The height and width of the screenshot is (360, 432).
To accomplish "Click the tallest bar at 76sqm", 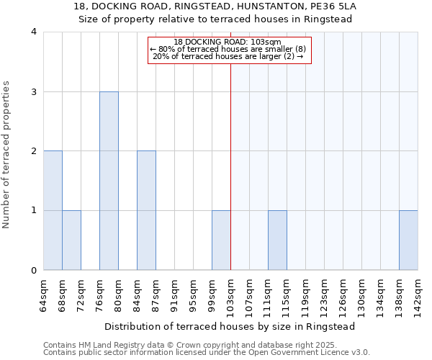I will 109,181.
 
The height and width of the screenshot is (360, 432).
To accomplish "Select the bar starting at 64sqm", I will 53,210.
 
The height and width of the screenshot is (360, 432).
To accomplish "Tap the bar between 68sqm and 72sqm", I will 71,240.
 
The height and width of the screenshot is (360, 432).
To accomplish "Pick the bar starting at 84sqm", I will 146,210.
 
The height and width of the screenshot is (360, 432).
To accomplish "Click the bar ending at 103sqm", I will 221,240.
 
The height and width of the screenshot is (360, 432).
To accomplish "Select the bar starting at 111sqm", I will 277,240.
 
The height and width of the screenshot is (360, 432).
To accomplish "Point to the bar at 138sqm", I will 408,240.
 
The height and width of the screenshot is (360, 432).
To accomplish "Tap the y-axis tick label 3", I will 34,92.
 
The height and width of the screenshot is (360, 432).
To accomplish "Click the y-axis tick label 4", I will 34,32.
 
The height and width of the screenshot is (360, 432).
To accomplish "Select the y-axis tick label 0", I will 34,271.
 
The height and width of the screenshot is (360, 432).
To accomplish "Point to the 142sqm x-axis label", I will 418,295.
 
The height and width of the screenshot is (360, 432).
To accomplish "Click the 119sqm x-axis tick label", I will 305,295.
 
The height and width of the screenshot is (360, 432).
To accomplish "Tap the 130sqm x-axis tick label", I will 361,295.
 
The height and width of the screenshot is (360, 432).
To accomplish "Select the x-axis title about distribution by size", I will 230,326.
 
